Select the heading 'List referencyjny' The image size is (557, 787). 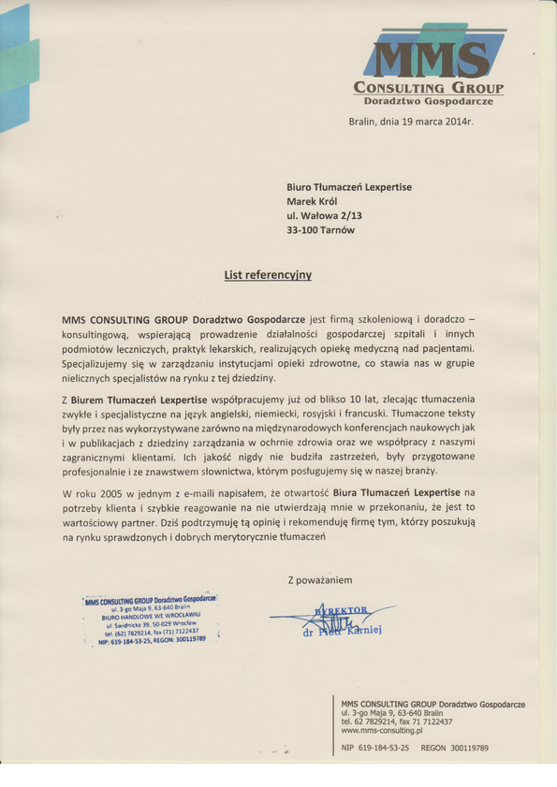click(268, 275)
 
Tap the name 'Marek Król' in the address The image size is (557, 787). click(313, 201)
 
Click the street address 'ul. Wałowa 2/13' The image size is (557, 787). click(324, 215)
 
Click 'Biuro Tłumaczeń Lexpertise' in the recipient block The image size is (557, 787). click(348, 187)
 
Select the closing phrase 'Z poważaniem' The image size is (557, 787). click(320, 579)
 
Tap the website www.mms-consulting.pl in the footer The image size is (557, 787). click(382, 730)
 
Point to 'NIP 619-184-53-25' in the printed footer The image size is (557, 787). click(375, 749)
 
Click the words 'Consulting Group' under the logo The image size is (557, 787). click(429, 88)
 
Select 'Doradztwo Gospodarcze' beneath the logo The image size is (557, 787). click(429, 100)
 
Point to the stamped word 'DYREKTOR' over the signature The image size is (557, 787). click(343, 610)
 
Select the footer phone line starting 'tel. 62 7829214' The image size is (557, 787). click(396, 721)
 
